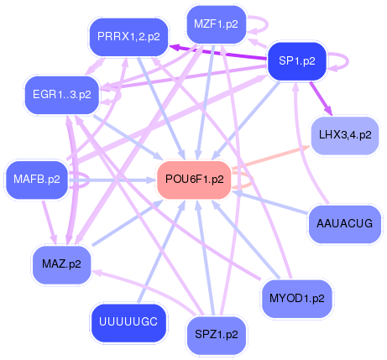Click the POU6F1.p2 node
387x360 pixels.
194,179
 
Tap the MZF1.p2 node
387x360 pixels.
215,24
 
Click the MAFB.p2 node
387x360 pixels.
37,178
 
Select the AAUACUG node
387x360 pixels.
345,223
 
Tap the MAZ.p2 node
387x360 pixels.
61,263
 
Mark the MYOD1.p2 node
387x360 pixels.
296,298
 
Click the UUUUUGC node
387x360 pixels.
128,321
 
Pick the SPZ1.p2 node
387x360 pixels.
216,333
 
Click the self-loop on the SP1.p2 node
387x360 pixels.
339,60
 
